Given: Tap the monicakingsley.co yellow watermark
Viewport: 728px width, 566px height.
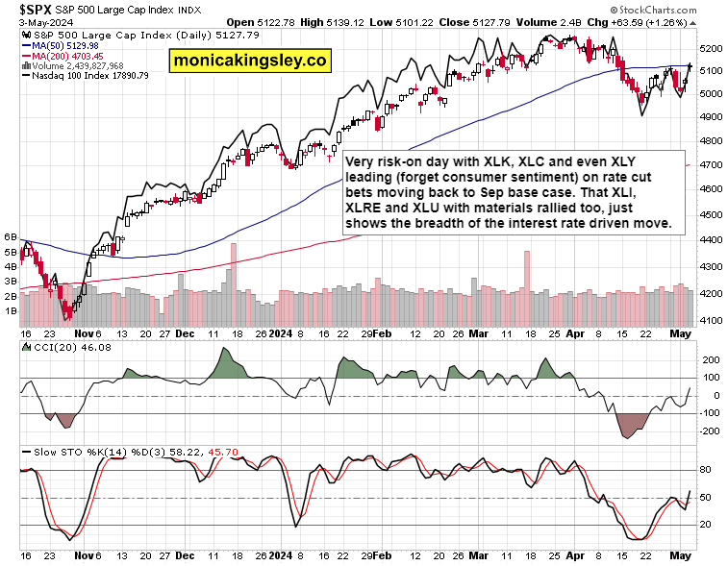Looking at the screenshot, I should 249,61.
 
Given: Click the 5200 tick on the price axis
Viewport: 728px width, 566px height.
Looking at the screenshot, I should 713,47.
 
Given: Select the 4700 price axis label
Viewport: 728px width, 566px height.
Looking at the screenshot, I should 713,164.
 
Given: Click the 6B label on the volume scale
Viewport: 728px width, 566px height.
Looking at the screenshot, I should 11,236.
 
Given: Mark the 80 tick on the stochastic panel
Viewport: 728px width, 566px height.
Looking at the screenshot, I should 704,470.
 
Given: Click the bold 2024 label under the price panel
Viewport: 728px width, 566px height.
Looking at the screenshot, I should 280,332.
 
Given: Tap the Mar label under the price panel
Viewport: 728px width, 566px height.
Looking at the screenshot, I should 478,332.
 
